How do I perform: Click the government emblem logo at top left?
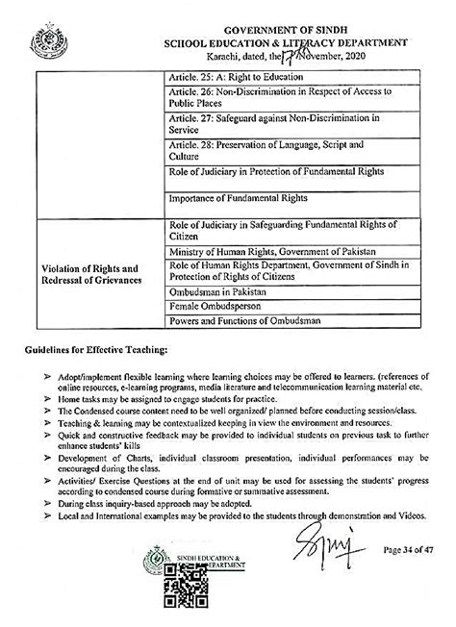[42, 42]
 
